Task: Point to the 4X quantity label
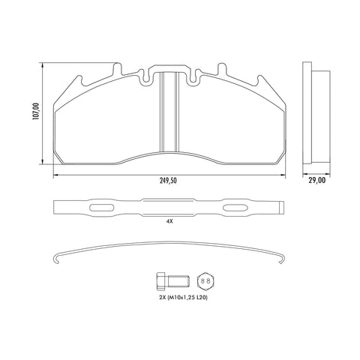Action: point(169,222)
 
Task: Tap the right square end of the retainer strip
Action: point(279,208)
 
